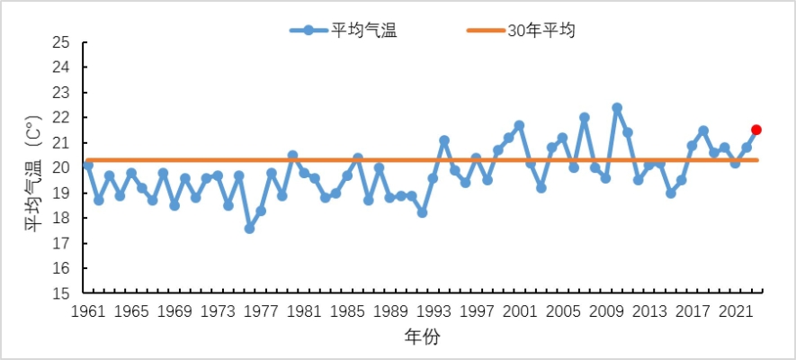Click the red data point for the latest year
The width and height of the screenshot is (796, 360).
(756, 130)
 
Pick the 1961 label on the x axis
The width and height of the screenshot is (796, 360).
(87, 312)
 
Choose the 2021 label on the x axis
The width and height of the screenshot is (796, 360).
(735, 312)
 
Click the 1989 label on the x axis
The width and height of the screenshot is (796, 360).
(389, 312)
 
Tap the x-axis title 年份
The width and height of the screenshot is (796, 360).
(422, 337)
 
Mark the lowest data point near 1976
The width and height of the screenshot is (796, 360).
(249, 229)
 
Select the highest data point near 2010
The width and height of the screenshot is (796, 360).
(617, 108)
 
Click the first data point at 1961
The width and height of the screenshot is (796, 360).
(87, 166)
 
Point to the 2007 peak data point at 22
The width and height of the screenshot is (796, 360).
(585, 118)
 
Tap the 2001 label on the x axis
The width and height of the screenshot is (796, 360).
(519, 312)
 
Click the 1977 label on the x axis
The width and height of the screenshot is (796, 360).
(260, 312)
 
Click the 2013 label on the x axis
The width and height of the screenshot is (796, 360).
(648, 312)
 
